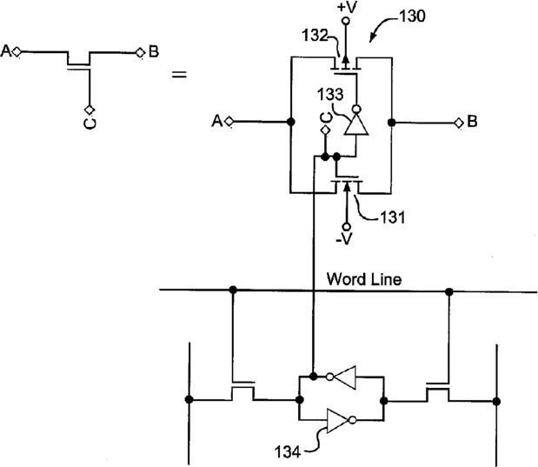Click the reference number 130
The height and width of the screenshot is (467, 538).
413,17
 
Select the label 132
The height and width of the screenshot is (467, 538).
315,35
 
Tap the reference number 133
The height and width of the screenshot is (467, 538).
330,94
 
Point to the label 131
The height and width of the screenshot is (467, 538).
393,217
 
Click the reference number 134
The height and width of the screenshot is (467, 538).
288,451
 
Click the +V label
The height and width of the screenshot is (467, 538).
347,7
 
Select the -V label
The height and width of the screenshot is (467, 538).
344,238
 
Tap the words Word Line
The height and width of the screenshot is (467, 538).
364,279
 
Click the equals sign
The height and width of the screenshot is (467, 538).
179,74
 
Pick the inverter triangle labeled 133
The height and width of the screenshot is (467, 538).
356,123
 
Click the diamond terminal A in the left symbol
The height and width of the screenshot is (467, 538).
17,52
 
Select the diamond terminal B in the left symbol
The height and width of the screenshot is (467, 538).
140,53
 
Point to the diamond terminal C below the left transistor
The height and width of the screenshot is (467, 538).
90,110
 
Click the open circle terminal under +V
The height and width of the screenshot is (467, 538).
346,21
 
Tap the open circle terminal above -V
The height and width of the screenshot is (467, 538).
347,227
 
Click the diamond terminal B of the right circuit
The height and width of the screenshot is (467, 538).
459,123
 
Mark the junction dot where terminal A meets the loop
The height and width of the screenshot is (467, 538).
291,122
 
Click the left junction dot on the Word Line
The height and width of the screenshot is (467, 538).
233,290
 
